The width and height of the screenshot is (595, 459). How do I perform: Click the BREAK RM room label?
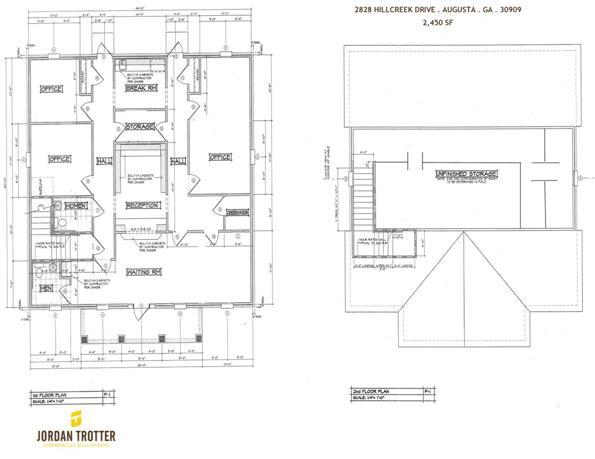(140, 88)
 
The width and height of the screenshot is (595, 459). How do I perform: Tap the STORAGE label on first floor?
(139, 126)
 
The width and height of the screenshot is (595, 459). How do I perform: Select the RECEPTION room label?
(142, 205)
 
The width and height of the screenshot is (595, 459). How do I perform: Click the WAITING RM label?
(144, 272)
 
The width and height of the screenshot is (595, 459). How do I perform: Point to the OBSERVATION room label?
(237, 212)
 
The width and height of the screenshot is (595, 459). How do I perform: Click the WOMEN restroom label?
(76, 205)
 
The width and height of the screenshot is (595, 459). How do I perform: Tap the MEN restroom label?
(45, 289)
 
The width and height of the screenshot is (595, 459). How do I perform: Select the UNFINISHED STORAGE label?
(466, 174)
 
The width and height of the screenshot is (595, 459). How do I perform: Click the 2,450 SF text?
(438, 22)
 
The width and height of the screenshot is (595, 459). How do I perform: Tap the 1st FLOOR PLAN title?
(51, 395)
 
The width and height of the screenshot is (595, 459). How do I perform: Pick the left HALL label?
(104, 161)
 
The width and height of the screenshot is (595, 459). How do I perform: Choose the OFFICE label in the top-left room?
(51, 89)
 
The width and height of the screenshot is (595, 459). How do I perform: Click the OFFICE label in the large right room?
(220, 157)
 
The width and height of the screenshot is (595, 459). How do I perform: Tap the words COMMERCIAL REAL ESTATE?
(76, 445)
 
